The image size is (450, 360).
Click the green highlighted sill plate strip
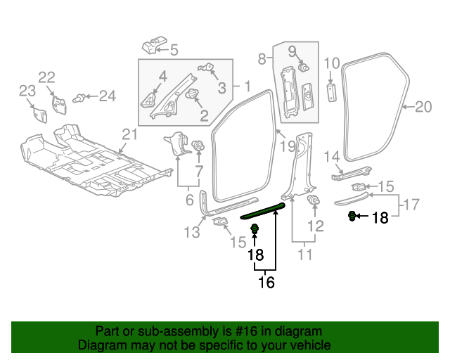[263, 210]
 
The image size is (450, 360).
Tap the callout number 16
[266, 283]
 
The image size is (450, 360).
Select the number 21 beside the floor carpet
[129, 134]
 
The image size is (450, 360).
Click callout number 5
[174, 50]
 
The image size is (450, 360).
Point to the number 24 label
[108, 96]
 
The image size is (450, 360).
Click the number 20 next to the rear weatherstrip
[423, 107]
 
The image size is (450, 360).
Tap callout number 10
[332, 63]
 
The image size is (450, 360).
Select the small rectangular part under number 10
[332, 92]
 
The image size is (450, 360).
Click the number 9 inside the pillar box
[292, 51]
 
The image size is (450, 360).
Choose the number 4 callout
[162, 77]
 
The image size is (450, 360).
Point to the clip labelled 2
[192, 94]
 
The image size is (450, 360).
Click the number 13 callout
[192, 232]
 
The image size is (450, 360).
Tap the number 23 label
[27, 91]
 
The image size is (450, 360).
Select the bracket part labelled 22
[59, 105]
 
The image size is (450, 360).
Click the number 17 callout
[411, 205]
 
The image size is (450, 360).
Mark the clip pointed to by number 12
[314, 200]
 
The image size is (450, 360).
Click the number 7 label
[199, 172]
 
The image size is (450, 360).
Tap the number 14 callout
[332, 157]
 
